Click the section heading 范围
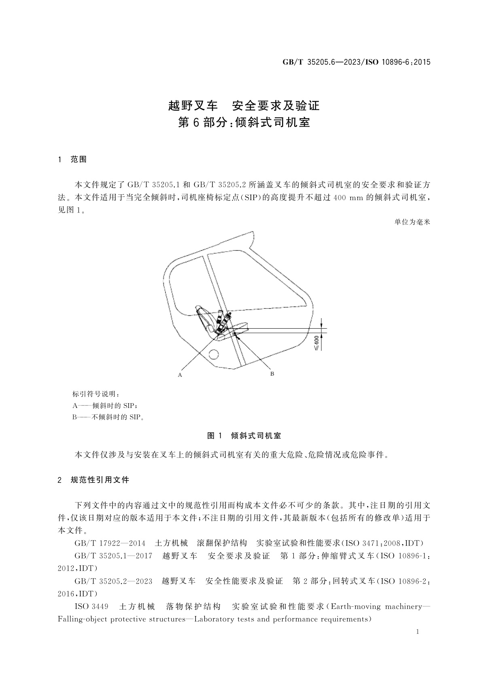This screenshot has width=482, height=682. coord(79,159)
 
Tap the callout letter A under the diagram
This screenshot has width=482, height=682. coord(180,375)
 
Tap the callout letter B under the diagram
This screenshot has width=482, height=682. coord(272,373)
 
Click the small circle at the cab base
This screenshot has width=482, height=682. coord(213,355)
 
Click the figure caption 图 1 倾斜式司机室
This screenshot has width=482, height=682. coord(244,436)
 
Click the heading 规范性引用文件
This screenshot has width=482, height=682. coord(100,480)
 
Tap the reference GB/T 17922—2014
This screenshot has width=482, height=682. coord(110,543)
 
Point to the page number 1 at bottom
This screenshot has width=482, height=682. coord(417,632)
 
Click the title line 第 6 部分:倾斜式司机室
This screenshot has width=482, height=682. coord(244,123)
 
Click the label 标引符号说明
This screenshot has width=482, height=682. coord(96,394)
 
